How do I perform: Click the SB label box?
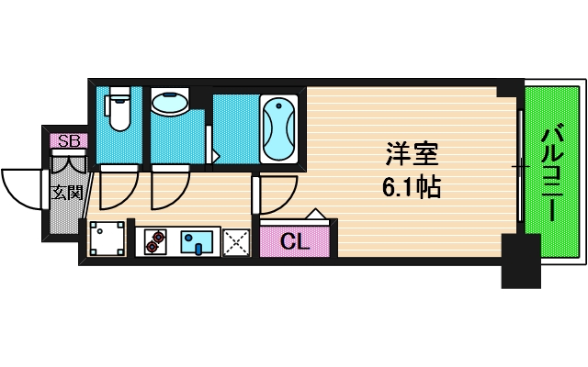click(68, 140)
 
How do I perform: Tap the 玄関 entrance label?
click(66, 193)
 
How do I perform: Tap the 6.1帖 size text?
click(411, 189)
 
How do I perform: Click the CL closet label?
click(294, 242)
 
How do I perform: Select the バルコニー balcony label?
click(551, 171)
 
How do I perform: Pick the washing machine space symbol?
click(107, 239)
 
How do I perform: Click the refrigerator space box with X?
click(237, 241)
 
